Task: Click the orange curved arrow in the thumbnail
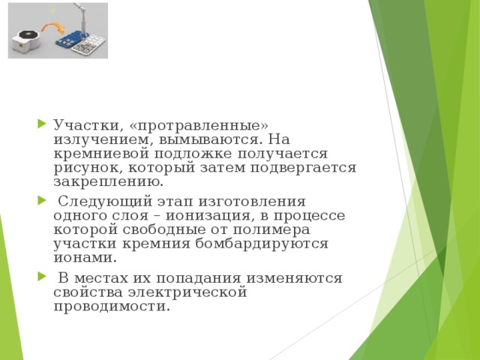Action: [x=52, y=29]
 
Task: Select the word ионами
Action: [x=85, y=258]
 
